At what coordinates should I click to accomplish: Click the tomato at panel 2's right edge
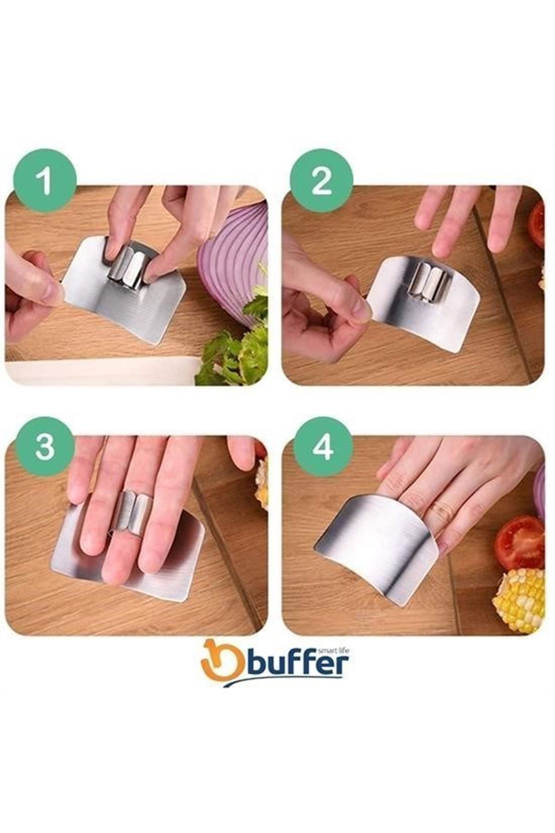point(537,224)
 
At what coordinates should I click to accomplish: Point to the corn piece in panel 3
point(262,484)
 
